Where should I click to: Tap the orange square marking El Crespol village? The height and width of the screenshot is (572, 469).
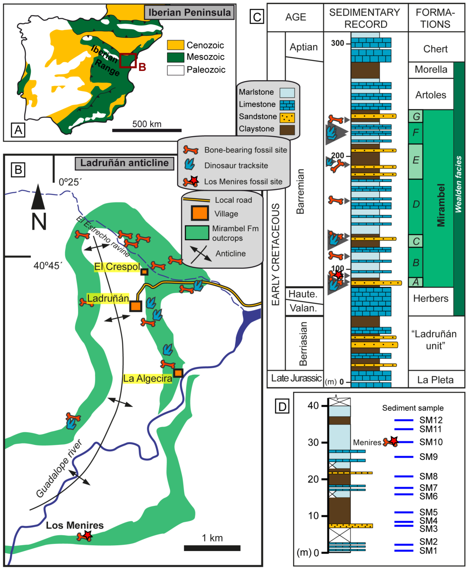pyautogui.click(x=145, y=272)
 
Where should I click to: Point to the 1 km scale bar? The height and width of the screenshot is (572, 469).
pyautogui.click(x=212, y=548)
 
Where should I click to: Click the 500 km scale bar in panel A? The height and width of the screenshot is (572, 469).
pyautogui.click(x=147, y=130)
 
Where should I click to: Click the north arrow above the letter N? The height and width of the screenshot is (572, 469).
pyautogui.click(x=38, y=197)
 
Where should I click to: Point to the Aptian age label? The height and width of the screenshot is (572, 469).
pyautogui.click(x=304, y=47)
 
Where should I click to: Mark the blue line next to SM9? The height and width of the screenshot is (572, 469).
pyautogui.click(x=404, y=457)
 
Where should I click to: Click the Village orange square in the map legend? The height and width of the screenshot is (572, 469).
pyautogui.click(x=200, y=213)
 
